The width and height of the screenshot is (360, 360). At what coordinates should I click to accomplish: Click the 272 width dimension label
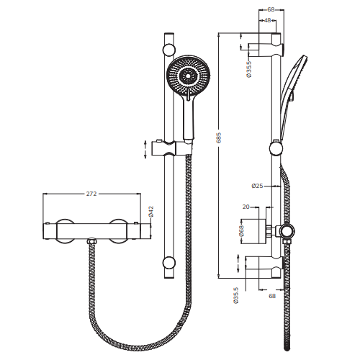pyautogui.click(x=91, y=194)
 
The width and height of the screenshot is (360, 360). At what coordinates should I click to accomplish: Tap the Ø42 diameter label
pyautogui.click(x=151, y=212)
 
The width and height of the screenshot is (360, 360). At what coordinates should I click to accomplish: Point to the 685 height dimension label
pyautogui.click(x=219, y=138)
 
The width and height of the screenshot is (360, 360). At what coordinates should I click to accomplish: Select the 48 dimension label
pyautogui.click(x=267, y=20)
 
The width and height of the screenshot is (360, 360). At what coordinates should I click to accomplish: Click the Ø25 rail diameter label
pyautogui.click(x=258, y=186)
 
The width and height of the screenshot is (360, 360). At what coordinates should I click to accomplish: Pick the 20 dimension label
pyautogui.click(x=246, y=207)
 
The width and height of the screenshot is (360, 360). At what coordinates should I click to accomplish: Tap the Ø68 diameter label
pyautogui.click(x=241, y=231)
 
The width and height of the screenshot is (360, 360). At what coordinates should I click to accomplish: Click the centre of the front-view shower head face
pyautogui.click(x=188, y=76)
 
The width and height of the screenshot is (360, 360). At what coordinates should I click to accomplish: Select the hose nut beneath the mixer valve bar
pyautogui.click(x=91, y=241)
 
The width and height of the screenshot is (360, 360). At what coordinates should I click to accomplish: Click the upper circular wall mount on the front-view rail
pyautogui.click(x=169, y=50)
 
